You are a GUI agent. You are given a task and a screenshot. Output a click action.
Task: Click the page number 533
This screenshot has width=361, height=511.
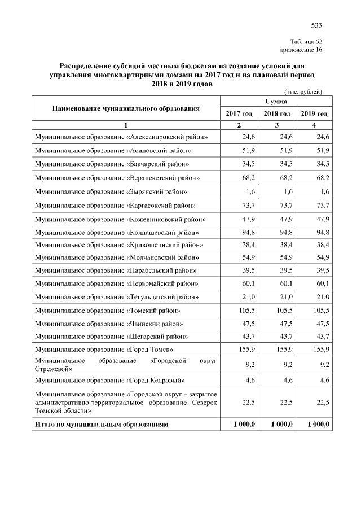[316, 25]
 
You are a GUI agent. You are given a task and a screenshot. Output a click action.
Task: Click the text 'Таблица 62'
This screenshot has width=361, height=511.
[306, 42]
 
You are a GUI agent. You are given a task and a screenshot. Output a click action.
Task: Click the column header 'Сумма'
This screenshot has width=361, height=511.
[276, 101]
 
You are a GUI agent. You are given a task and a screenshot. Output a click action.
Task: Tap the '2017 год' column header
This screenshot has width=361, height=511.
[239, 114]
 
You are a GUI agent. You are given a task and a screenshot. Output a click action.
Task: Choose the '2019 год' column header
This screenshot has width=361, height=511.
[314, 114]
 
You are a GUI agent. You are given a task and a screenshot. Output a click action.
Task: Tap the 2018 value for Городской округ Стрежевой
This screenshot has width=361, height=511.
[287, 365]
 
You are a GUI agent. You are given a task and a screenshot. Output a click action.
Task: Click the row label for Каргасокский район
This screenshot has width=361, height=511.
[115, 205]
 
